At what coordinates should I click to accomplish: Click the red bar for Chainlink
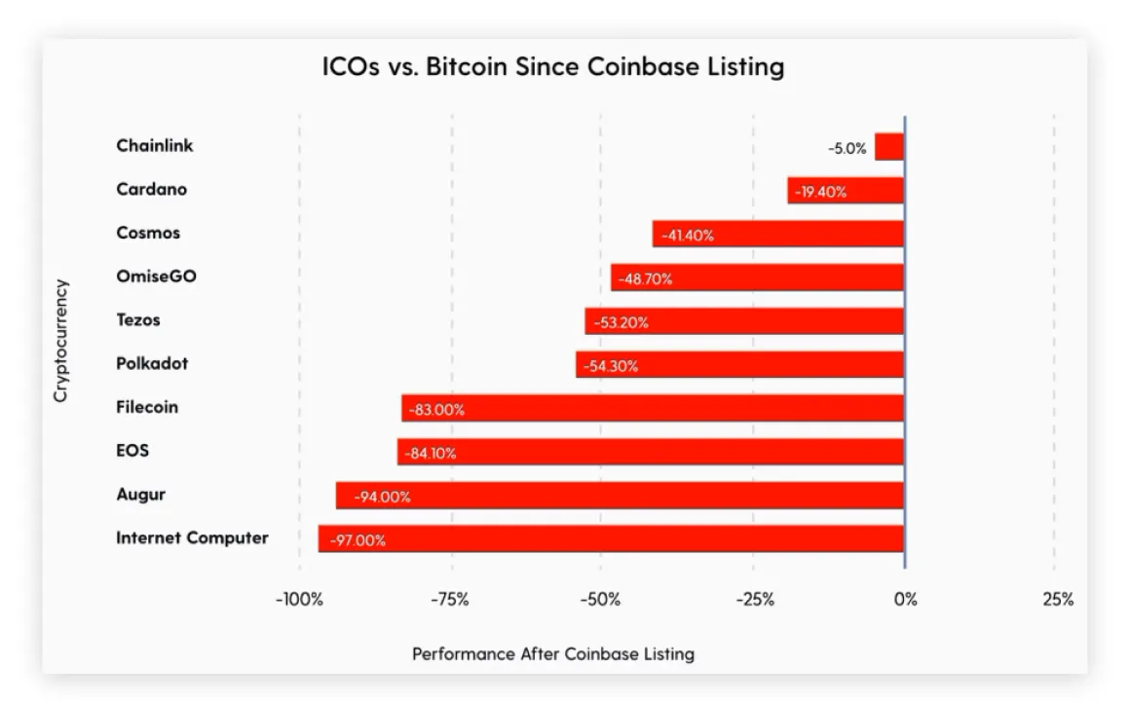(x=889, y=147)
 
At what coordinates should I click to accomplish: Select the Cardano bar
(x=846, y=191)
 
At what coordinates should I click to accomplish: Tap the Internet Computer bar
(x=611, y=538)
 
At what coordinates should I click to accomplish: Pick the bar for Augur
(x=620, y=496)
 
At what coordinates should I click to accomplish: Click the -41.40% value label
(x=688, y=235)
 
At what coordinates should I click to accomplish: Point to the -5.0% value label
(x=847, y=149)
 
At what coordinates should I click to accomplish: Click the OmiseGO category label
(x=156, y=277)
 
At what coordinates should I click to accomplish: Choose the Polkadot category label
(x=152, y=363)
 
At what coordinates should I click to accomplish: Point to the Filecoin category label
(x=147, y=407)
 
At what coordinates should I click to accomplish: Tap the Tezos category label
(x=138, y=319)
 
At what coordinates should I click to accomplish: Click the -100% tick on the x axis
(x=299, y=600)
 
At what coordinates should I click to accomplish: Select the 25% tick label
(x=1058, y=600)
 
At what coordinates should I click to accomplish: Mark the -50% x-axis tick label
(x=600, y=600)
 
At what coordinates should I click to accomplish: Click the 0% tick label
(x=905, y=600)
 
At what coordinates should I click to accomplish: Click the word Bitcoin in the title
(x=466, y=67)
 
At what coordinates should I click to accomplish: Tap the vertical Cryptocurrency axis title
(x=60, y=341)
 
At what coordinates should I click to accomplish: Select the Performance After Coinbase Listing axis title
(x=553, y=653)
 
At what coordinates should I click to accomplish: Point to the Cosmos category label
(x=148, y=233)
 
